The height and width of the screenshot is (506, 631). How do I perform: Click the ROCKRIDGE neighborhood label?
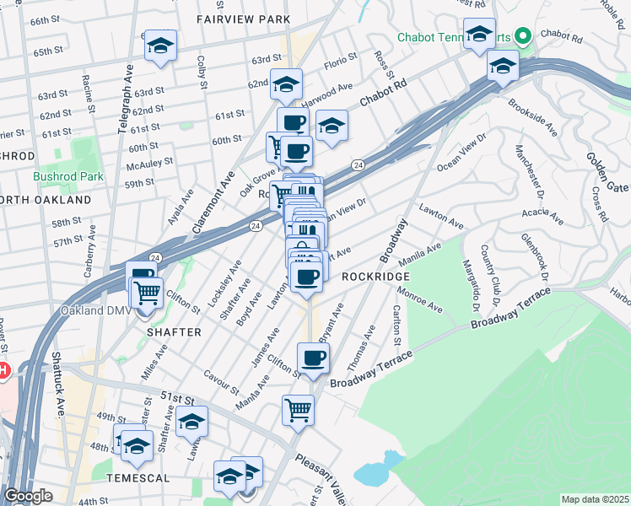click(375, 277)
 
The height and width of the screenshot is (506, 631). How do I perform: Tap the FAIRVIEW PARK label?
click(243, 19)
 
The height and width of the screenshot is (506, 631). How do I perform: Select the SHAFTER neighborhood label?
click(175, 332)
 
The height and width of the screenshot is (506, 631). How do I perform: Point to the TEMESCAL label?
click(138, 478)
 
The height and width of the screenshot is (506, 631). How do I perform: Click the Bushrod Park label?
click(67, 177)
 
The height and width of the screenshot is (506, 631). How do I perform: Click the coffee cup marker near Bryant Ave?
click(313, 358)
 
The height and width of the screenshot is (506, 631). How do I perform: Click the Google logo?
click(28, 496)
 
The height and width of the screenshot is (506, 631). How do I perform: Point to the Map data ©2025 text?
click(596, 499)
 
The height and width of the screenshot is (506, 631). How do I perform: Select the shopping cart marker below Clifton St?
click(298, 410)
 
